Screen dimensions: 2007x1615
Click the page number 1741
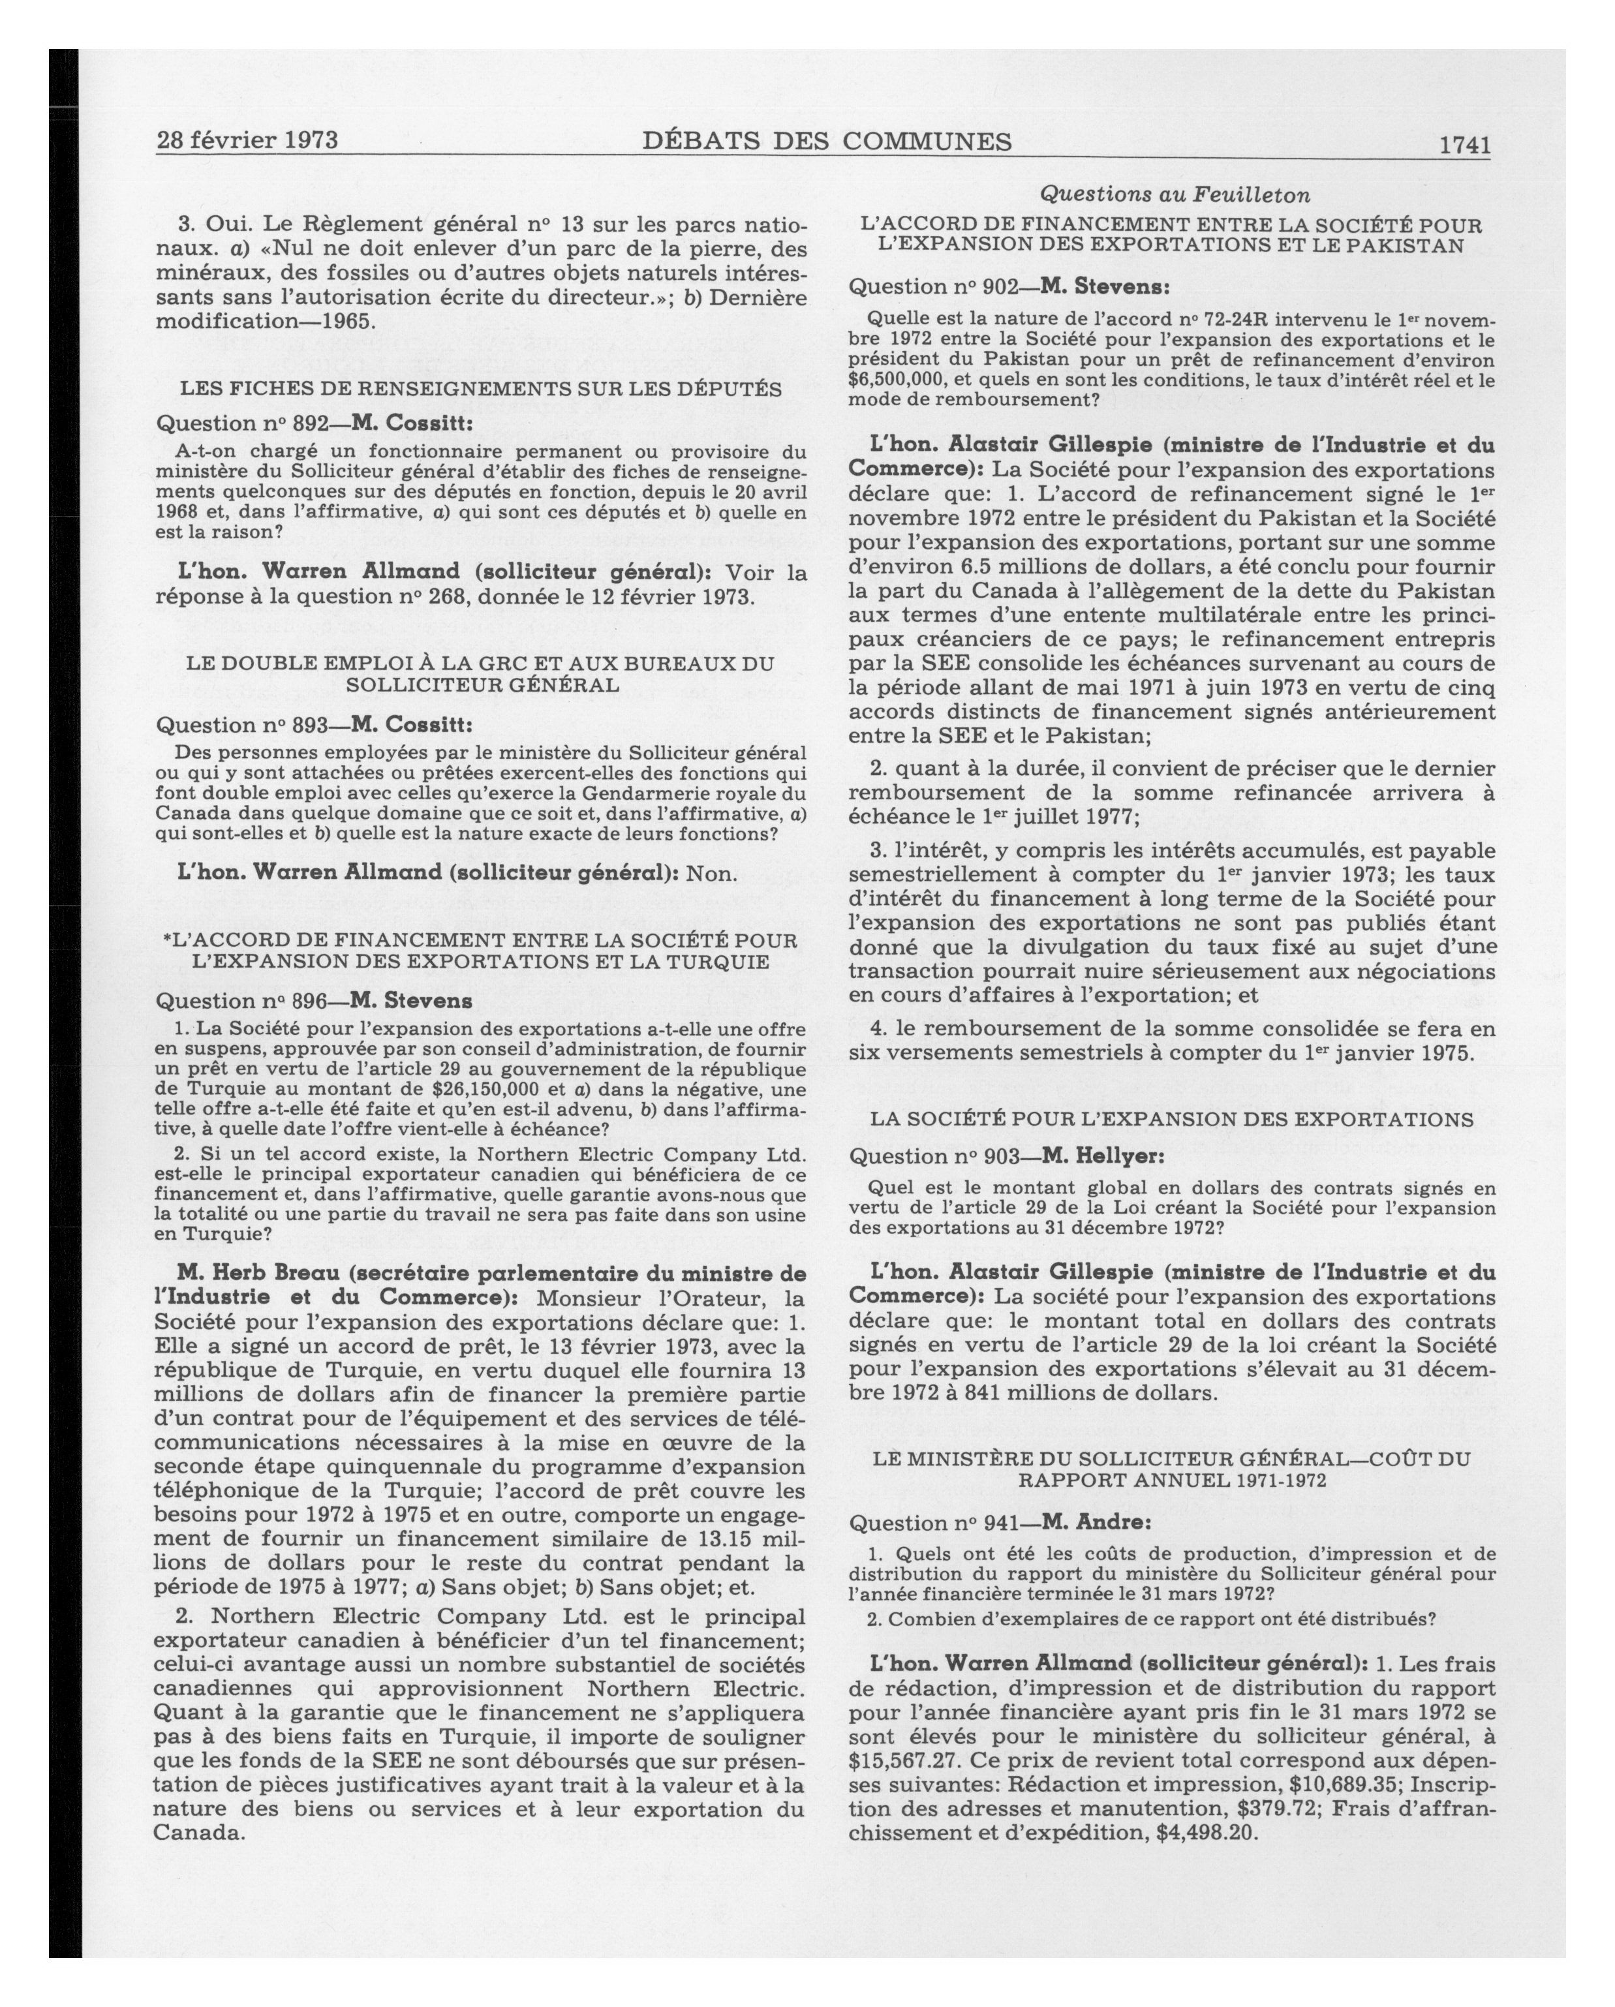coord(1464,146)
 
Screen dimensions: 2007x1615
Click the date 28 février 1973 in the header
coord(247,140)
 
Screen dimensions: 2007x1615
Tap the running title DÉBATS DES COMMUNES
coord(827,142)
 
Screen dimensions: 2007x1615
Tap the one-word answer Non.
coord(712,874)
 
